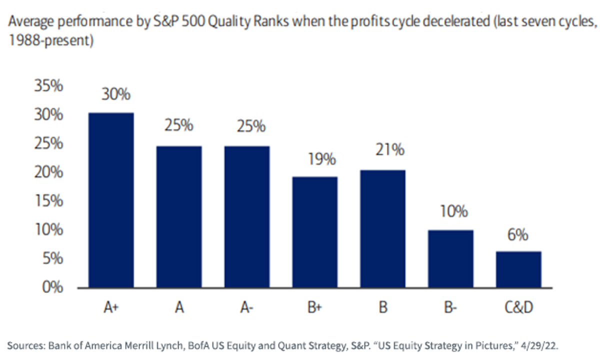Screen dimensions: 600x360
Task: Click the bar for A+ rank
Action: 111,200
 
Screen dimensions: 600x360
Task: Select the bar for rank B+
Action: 314,232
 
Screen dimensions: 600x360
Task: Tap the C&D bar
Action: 518,269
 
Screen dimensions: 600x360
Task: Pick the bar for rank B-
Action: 450,259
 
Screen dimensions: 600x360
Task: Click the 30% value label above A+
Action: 116,94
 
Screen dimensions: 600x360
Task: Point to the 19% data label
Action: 321,159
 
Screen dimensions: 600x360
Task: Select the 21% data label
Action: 389,149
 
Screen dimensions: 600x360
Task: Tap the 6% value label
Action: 517,235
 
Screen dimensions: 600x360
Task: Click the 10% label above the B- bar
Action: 454,211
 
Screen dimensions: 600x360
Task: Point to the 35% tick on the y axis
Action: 48,86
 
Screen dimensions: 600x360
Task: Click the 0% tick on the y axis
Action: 52,287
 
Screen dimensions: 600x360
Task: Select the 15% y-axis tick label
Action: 49,201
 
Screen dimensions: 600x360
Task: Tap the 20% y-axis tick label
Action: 48,172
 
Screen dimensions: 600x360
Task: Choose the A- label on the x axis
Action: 246,307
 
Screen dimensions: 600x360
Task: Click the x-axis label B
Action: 383,307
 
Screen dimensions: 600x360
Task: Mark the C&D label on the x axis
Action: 519,307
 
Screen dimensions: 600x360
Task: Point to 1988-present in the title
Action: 51,40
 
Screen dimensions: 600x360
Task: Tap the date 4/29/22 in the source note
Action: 539,346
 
